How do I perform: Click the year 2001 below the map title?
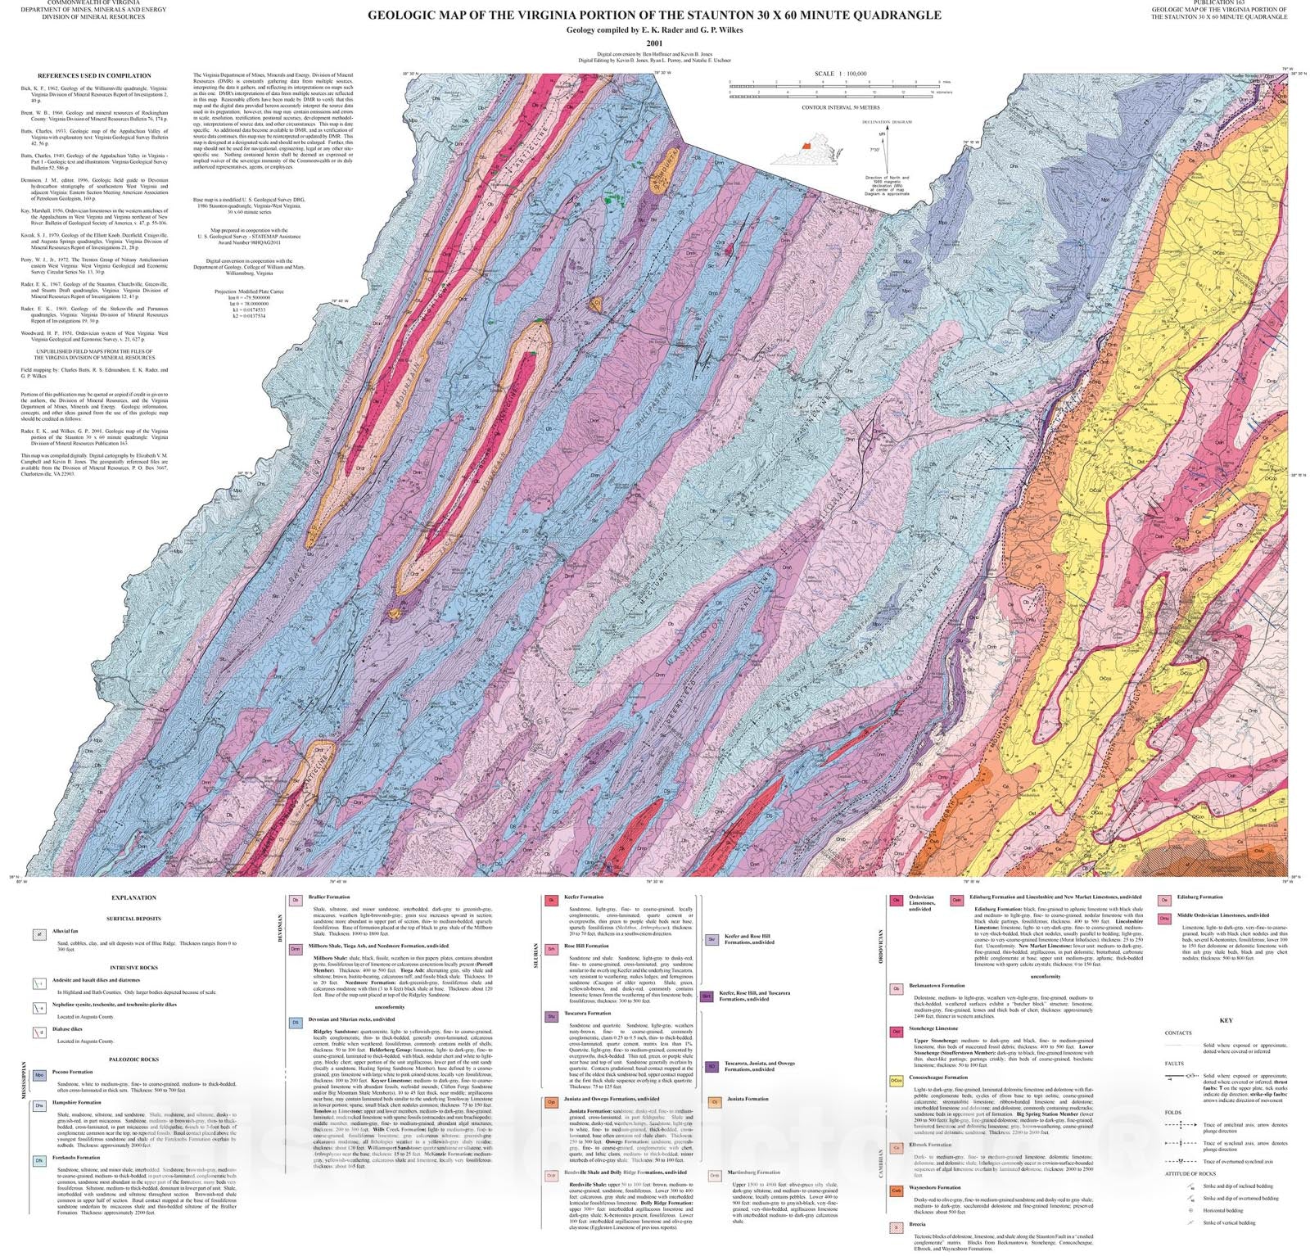coord(654,43)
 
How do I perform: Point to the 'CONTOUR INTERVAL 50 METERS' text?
coord(840,107)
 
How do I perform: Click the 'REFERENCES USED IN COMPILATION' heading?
coord(94,75)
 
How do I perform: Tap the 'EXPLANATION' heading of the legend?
coord(133,897)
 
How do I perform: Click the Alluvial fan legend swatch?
coord(38,934)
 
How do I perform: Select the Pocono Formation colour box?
coord(38,1075)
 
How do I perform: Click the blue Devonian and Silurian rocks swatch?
coord(296,1023)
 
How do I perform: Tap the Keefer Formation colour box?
coord(552,900)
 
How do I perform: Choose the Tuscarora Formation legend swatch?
coord(552,1016)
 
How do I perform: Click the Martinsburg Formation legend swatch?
coord(714,1175)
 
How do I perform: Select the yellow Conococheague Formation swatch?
coord(896,1081)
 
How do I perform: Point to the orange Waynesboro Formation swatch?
coord(896,1190)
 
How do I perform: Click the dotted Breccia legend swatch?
coord(896,1227)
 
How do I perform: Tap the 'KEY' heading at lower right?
coord(1226,1020)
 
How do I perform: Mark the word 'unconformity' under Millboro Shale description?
coord(390,1006)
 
